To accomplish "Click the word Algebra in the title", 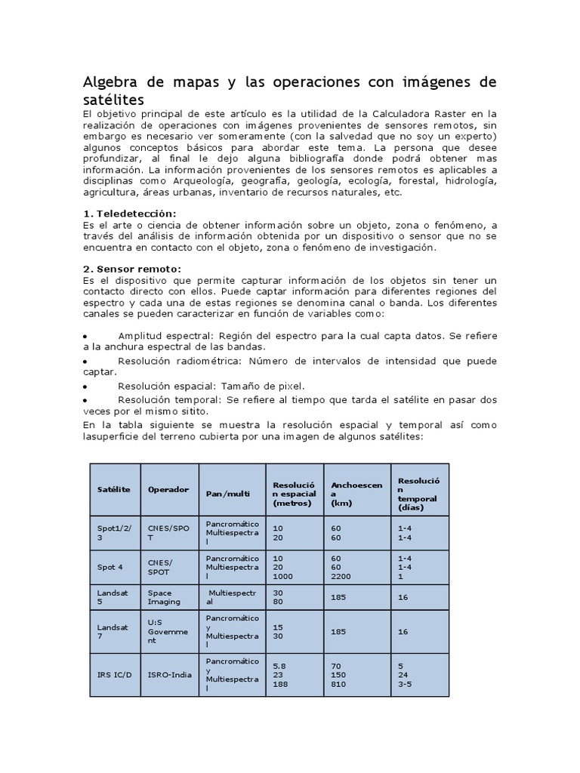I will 111,82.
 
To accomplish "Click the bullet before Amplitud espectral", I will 85,336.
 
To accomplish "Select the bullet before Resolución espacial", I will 85,386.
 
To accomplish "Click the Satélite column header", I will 113,489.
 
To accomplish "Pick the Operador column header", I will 168,489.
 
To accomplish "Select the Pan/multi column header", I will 228,493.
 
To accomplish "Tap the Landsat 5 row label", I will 113,597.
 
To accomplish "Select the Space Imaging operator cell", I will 165,597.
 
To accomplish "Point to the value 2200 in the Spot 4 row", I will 341,575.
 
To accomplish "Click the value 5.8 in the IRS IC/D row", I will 279,667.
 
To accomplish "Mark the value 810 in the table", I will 338,684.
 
